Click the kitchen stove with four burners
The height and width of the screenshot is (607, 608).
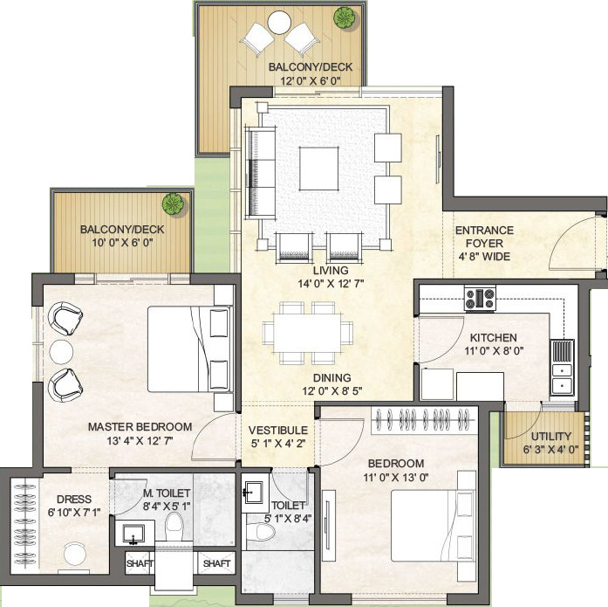[x=480, y=298]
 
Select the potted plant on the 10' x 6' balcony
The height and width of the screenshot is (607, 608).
[x=173, y=203]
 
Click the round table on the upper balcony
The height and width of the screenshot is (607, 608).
[x=279, y=23]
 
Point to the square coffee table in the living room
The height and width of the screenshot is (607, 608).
[x=318, y=168]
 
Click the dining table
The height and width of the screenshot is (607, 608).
[x=307, y=333]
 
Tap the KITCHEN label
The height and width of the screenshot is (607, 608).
[x=493, y=337]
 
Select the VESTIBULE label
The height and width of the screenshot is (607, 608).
[x=278, y=430]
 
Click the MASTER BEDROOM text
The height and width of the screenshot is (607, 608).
[x=140, y=426]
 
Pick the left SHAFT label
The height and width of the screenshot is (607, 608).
[x=140, y=563]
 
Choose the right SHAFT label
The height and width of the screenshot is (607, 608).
[x=216, y=563]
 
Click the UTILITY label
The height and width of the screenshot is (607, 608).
[x=551, y=436]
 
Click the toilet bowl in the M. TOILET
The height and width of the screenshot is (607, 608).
[x=174, y=526]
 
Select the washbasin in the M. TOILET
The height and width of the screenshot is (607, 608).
[x=133, y=534]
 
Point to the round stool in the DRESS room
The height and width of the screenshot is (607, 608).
[x=75, y=554]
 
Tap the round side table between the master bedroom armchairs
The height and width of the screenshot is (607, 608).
[x=61, y=352]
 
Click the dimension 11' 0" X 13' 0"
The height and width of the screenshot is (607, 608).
[x=396, y=477]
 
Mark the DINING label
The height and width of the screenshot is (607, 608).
[x=332, y=377]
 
